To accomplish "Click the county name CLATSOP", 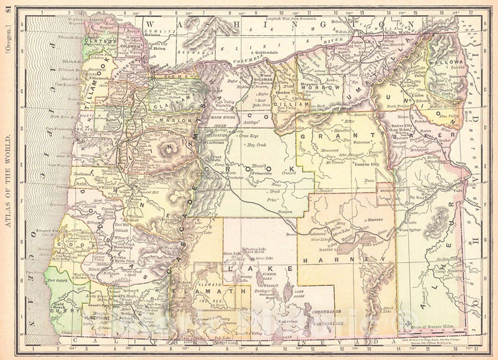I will (98, 42).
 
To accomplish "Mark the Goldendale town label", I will (250, 51).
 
